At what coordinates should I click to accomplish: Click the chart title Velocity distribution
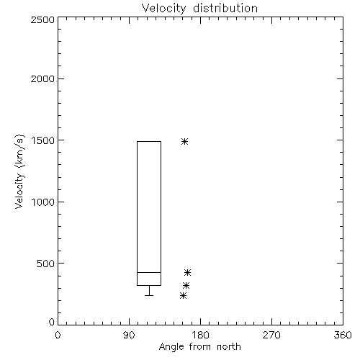coord(199,8)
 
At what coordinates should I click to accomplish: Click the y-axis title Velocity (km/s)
coord(19,171)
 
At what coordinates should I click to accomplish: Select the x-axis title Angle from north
coord(199,347)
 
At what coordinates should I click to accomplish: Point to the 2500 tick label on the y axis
coord(42,19)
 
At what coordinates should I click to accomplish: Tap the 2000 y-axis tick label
coord(42,78)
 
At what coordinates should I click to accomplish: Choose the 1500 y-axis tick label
coord(43,140)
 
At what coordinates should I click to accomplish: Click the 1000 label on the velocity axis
coord(43,202)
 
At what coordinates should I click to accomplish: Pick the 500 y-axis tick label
coord(46,264)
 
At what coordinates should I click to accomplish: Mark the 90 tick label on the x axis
coord(129,335)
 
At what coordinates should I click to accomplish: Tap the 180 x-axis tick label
coord(200,335)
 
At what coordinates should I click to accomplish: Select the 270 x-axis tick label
coord(271,335)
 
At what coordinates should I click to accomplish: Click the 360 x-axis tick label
coord(343,335)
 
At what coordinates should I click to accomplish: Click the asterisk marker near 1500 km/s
coord(184,141)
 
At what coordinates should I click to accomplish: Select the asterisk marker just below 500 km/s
coord(187,272)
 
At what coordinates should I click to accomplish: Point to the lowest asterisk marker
coord(184,295)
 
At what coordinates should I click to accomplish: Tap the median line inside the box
coord(149,272)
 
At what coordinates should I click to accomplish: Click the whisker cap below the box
coord(149,295)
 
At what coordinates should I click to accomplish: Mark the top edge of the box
coord(149,141)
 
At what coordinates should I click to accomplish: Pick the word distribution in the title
coord(225,8)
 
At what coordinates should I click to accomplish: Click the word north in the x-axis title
coord(229,347)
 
